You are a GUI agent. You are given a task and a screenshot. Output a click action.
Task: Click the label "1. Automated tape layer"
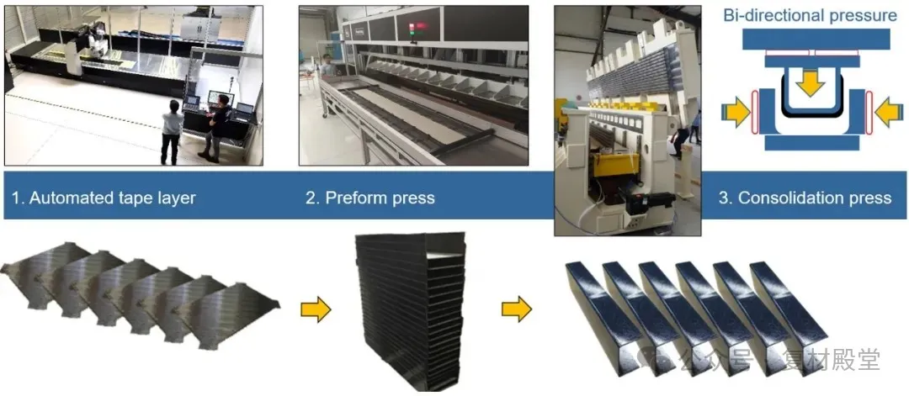104,198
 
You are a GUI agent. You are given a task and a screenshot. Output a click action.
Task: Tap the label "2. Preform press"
369,198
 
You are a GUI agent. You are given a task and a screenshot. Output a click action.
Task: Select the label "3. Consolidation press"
805,198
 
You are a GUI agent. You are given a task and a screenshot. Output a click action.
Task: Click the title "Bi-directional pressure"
810,16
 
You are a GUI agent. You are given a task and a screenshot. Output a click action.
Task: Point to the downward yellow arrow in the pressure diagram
811,85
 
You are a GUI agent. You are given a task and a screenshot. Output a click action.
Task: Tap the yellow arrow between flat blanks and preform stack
316,309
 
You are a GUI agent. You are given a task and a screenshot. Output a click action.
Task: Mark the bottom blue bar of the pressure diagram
811,143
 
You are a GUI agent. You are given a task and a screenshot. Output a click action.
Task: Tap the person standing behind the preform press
328,66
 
